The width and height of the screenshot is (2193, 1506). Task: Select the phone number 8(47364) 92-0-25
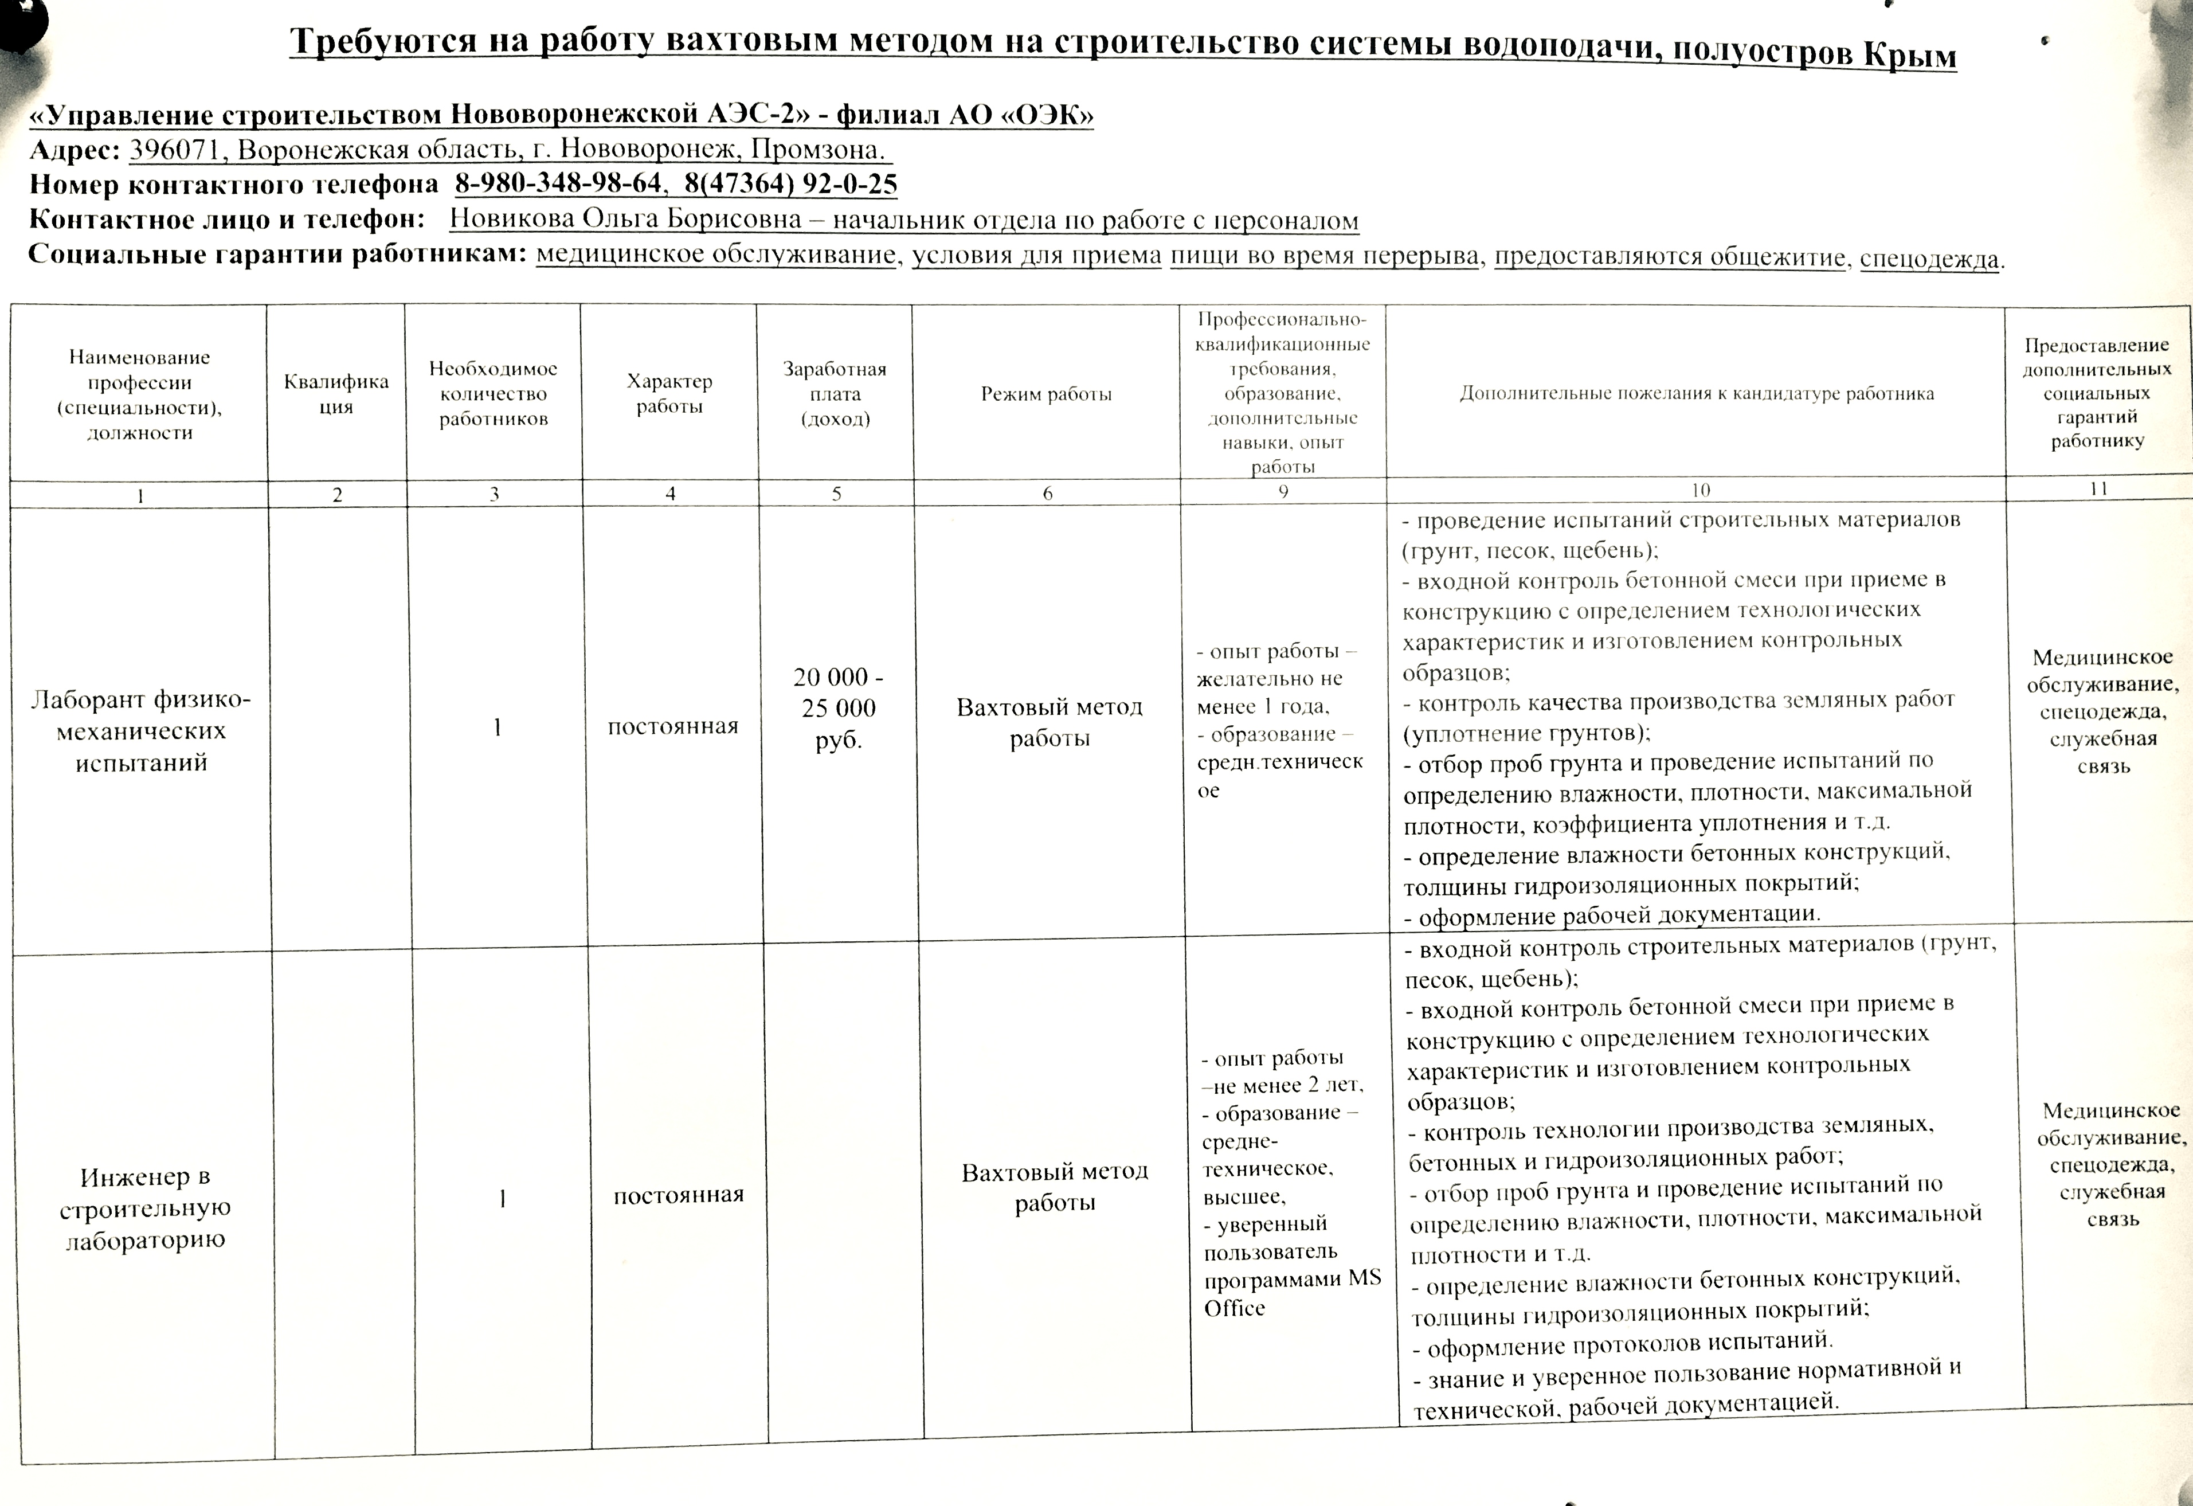click(x=791, y=184)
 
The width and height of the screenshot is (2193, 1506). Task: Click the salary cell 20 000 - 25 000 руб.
click(x=838, y=707)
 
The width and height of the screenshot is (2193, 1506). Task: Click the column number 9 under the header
click(x=1282, y=492)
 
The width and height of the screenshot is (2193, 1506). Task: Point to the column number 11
click(x=2098, y=489)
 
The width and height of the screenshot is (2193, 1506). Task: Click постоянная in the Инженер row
click(x=679, y=1195)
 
